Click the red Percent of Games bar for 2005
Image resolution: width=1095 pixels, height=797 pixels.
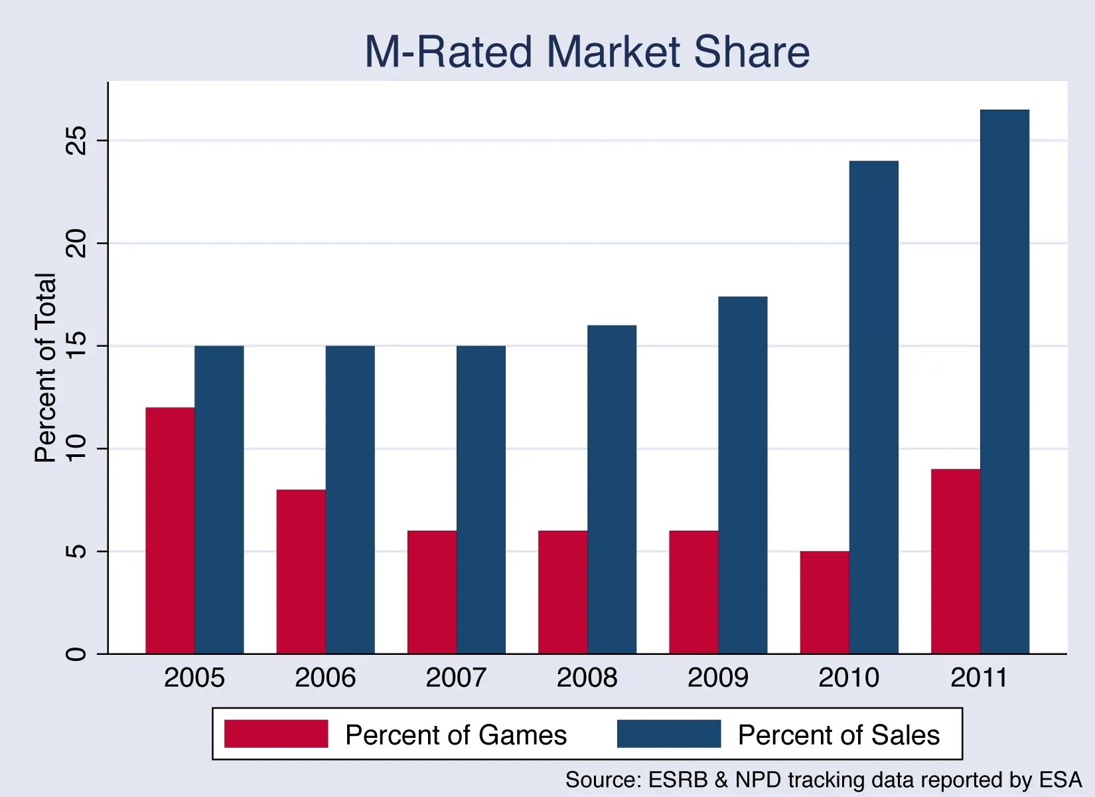170,531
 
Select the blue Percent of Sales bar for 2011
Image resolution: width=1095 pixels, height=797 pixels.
1004,382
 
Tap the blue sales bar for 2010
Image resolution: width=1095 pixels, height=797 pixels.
873,407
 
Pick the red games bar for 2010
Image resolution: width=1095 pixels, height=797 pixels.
824,603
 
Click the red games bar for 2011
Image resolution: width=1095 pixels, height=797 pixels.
955,562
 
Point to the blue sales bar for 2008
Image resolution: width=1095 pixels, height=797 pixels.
612,489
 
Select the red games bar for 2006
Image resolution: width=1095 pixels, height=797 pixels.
301,572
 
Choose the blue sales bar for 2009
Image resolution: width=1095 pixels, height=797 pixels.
743,475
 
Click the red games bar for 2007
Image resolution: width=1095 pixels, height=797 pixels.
431,592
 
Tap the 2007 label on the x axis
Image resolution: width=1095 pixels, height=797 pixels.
456,678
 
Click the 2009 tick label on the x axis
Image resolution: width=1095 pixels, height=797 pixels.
717,678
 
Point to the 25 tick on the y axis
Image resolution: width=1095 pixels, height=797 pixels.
77,140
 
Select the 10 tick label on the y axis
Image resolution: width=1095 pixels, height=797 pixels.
77,448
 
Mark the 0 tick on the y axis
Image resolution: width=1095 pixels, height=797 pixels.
77,654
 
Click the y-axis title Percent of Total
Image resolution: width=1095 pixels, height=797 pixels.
45,367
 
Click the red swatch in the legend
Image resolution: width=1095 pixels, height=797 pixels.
276,734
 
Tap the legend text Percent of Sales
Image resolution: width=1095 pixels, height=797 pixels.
838,735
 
